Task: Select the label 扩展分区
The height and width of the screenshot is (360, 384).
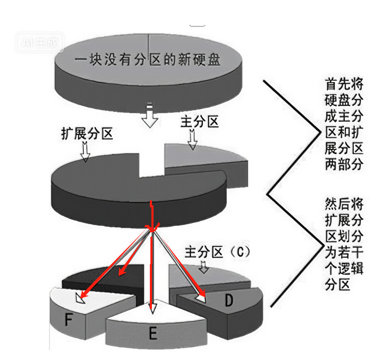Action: (86, 134)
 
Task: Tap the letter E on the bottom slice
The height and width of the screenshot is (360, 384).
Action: (152, 332)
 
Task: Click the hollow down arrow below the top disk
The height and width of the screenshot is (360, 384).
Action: (150, 116)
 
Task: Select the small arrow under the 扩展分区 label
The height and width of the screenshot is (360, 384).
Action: (85, 150)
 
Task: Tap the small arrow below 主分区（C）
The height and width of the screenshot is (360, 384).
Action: (203, 267)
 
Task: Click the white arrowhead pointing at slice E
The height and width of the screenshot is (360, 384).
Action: (152, 308)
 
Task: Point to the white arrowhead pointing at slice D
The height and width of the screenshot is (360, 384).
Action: (201, 298)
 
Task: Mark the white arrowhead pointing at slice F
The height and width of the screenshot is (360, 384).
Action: (81, 299)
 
